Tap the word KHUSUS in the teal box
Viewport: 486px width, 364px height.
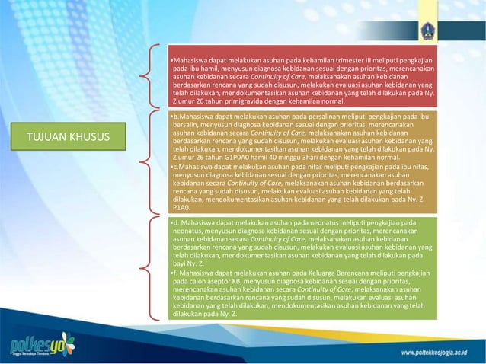pyautogui.click(x=87, y=137)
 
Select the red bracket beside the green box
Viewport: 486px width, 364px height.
pyautogui.click(x=150, y=266)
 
